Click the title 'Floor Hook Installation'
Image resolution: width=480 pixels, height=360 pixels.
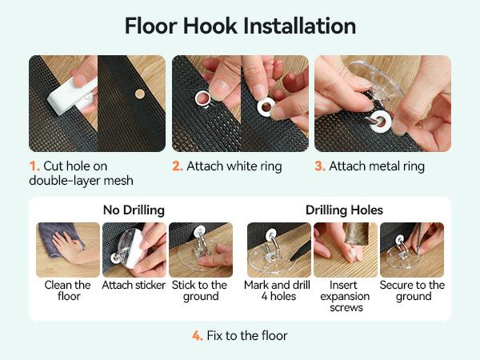(240, 26)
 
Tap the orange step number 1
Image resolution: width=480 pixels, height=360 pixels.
(34, 166)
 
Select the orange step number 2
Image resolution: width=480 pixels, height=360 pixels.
(178, 166)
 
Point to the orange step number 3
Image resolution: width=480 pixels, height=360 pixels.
(320, 166)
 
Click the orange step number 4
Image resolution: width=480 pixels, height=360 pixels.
(198, 336)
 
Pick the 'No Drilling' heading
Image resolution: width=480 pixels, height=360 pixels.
(134, 210)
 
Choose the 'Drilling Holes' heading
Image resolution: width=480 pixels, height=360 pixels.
(344, 210)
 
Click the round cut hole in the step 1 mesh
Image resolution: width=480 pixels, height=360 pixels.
(140, 94)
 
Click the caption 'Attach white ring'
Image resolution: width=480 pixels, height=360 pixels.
(234, 166)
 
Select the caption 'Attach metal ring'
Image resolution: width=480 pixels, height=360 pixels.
(377, 166)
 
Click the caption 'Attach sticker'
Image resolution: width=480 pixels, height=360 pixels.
(134, 286)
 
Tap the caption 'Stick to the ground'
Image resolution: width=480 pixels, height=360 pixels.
(199, 291)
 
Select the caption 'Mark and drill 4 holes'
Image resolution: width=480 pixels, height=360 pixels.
(278, 291)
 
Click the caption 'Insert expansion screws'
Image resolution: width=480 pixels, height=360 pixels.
(345, 296)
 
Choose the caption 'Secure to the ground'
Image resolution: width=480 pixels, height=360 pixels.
(412, 291)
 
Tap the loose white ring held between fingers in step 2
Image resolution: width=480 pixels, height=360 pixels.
(266, 107)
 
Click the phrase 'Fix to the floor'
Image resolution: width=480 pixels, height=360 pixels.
(247, 336)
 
